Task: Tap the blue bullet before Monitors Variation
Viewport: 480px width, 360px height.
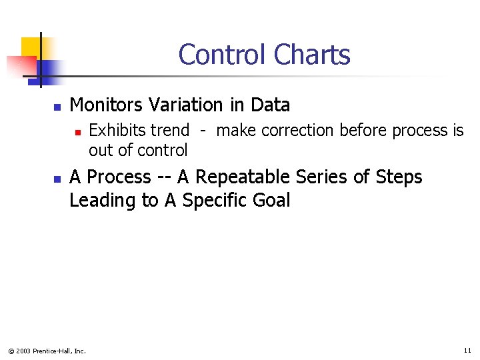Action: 57,107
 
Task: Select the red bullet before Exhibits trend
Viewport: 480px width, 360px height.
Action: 78,132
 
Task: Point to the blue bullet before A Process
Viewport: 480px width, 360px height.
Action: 57,179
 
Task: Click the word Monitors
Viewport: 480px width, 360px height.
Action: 107,105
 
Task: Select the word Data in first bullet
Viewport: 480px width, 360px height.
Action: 270,105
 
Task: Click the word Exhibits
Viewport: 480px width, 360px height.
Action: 117,131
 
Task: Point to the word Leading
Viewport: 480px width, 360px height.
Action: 102,201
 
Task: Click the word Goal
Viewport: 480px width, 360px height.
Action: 271,201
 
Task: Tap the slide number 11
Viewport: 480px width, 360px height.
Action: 467,350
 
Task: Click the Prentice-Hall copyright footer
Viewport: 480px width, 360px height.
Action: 47,351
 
